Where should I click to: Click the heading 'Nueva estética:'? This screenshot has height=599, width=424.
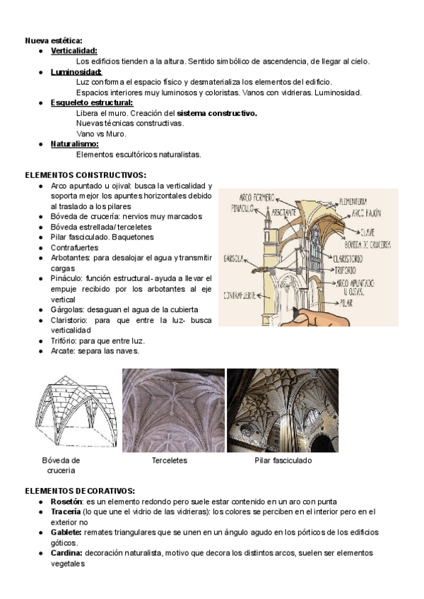point(54,41)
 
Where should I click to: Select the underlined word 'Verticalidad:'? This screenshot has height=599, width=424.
point(74,52)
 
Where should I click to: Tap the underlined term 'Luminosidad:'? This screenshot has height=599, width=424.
point(76,72)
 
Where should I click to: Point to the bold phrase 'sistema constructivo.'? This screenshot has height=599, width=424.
point(217,113)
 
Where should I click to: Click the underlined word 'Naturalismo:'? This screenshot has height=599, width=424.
point(75,144)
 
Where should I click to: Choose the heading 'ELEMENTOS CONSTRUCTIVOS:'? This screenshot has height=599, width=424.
point(86,174)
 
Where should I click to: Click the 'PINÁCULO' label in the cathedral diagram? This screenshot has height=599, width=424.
point(241,208)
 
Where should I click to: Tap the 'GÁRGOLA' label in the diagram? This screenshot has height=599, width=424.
point(234,257)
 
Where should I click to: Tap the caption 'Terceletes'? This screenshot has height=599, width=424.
point(170,461)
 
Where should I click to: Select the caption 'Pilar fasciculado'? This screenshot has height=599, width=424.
point(283,461)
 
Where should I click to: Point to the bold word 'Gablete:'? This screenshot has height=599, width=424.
point(66,532)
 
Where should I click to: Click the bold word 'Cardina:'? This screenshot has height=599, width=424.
point(66,553)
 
